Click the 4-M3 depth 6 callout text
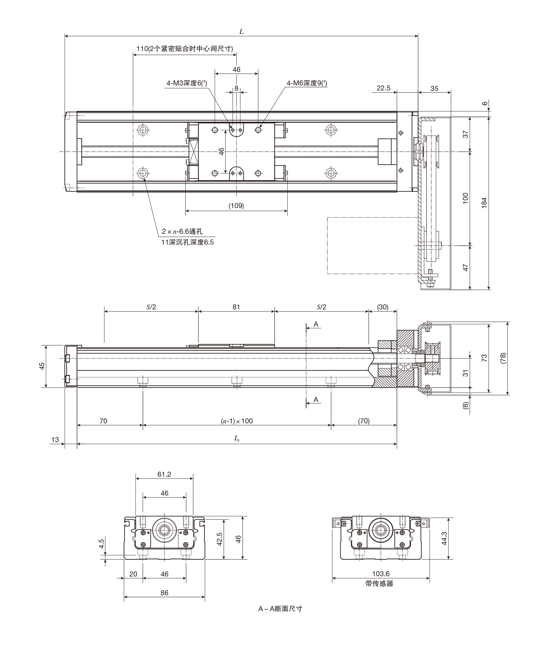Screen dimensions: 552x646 pos(187,83)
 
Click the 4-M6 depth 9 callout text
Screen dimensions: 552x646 pos(307,83)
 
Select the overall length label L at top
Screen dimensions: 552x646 pos(241,31)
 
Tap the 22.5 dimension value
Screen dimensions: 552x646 pos(383,88)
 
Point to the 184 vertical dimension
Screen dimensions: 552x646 pos(484,203)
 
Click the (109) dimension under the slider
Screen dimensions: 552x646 pos(236,206)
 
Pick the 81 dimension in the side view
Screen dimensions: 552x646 pos(236,307)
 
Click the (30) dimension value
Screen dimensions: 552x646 pos(383,307)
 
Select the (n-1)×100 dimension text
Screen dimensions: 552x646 pos(237,421)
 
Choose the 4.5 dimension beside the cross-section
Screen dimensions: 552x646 pos(101,544)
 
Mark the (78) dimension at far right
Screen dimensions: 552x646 pos(503,358)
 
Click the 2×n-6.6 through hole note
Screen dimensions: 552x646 pos(182,231)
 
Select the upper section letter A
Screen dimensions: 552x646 pos(316,324)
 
